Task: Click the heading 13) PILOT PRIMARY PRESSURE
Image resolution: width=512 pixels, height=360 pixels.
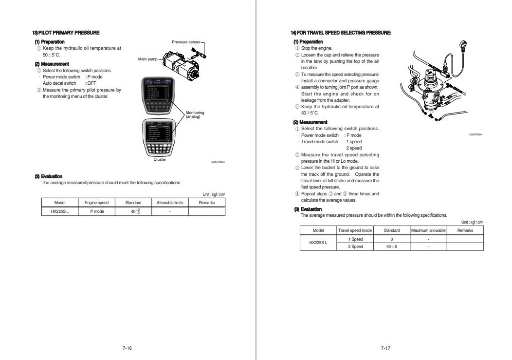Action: (66, 33)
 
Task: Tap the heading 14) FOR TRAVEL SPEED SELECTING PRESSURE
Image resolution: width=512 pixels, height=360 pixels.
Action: (341, 33)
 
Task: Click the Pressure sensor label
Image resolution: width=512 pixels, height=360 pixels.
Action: (186, 42)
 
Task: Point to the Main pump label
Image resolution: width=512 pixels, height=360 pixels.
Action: (148, 59)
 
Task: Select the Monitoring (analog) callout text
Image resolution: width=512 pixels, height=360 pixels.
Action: (195, 114)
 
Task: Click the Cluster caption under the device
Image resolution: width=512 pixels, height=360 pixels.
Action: (160, 159)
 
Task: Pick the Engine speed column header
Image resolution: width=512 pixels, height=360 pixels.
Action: (96, 202)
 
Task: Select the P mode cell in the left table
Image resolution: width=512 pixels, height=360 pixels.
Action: (96, 211)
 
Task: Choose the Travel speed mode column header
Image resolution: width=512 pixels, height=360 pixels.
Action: (355, 230)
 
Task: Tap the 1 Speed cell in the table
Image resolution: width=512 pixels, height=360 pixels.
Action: (355, 239)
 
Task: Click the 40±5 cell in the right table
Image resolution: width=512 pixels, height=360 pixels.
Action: (391, 246)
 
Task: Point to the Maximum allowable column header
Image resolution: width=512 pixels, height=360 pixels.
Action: (428, 230)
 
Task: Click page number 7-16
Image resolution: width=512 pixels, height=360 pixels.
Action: (128, 348)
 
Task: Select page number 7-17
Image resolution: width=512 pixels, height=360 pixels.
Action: (385, 348)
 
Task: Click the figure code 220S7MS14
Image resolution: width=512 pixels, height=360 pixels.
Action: (475, 133)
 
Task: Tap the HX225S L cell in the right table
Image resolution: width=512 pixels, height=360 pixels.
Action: (318, 243)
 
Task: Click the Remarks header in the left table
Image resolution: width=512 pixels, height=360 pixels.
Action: (206, 202)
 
